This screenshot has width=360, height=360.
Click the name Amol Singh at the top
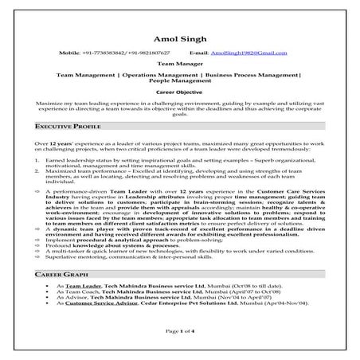pos(179,39)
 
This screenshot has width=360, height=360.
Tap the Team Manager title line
pos(179,64)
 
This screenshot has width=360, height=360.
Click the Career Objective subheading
pos(179,92)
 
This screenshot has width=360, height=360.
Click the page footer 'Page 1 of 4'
pos(179,330)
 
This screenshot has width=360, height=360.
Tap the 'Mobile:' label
pos(70,52)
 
